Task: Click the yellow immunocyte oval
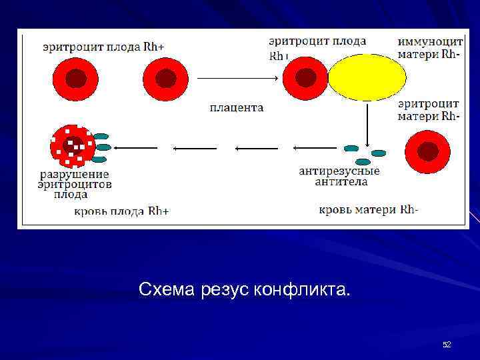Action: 367,77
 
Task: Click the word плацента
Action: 237,107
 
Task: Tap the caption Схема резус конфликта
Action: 243,290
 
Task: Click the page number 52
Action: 447,344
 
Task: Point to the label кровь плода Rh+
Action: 121,211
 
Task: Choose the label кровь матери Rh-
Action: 369,210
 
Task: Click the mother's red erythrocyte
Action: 427,152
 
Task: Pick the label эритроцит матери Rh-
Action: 429,110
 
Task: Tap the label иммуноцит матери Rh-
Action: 430,47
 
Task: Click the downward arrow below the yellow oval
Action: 367,126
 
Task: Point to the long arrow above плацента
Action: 237,78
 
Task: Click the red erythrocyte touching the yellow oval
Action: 305,78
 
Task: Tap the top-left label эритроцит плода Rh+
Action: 103,47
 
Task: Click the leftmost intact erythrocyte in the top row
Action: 75,79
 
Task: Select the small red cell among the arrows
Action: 247,148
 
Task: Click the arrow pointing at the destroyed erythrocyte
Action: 136,147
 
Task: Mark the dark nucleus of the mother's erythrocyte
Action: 427,152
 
